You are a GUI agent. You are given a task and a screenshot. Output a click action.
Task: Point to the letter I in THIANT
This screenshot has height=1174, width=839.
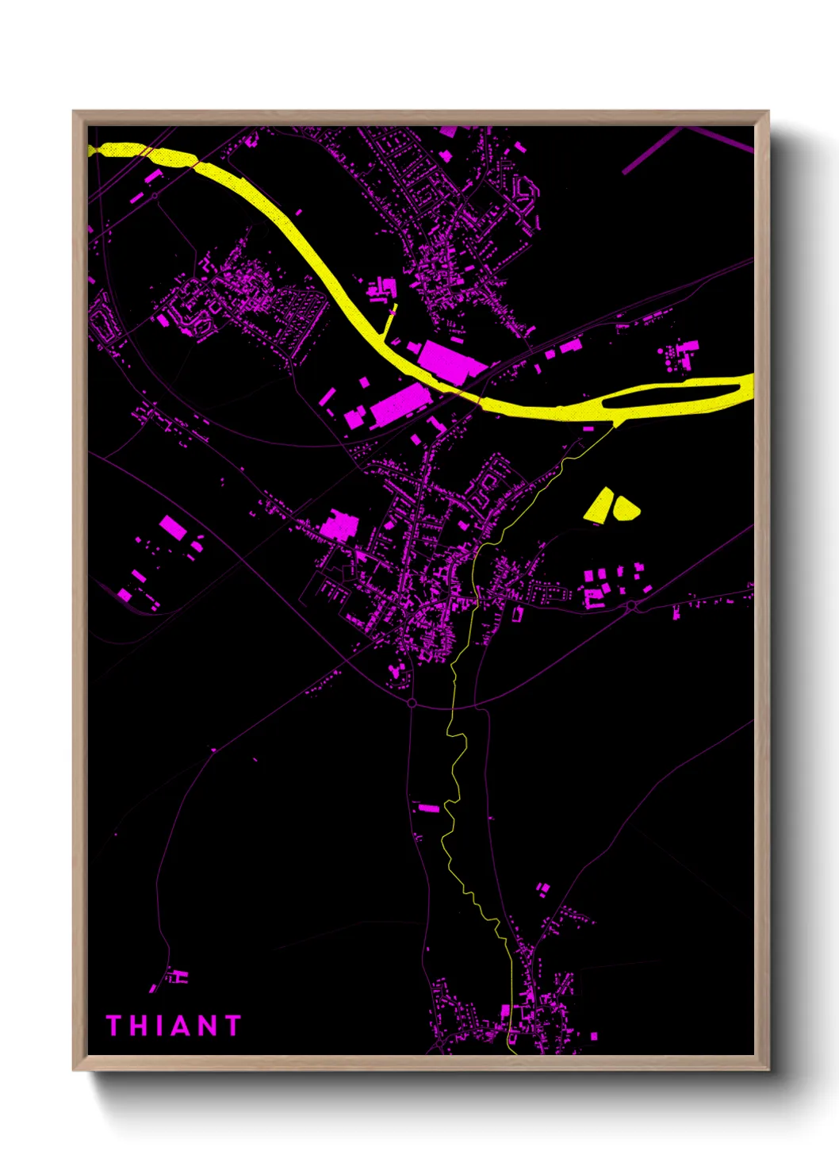point(158,1026)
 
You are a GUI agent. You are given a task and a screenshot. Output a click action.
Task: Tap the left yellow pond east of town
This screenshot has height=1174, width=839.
point(600,505)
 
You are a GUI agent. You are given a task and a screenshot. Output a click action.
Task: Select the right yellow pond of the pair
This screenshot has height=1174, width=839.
point(625,508)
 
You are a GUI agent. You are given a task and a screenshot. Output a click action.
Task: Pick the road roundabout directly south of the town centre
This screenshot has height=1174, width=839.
point(411,703)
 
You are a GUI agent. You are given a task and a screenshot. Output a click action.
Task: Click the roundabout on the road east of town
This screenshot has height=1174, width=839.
point(631,606)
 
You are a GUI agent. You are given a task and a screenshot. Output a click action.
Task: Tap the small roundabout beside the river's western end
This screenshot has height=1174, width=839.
point(154,195)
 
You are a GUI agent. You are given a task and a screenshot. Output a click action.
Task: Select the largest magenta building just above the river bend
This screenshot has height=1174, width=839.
point(450,361)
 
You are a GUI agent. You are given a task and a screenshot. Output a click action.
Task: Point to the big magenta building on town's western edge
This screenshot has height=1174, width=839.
point(339,528)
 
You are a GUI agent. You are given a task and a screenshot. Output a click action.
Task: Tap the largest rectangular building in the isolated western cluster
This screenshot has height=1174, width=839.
point(173,527)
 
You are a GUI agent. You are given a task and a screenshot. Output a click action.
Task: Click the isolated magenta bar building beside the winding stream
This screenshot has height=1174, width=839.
point(428,808)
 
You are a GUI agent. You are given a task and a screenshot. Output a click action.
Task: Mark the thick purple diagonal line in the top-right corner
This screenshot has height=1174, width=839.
point(650,151)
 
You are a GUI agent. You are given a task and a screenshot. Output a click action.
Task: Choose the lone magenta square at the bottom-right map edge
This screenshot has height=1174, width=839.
point(594,1036)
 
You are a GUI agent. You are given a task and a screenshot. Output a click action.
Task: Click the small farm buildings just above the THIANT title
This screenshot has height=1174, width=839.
point(179,976)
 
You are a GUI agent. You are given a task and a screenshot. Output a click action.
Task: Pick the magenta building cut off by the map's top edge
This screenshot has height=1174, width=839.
point(449,132)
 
